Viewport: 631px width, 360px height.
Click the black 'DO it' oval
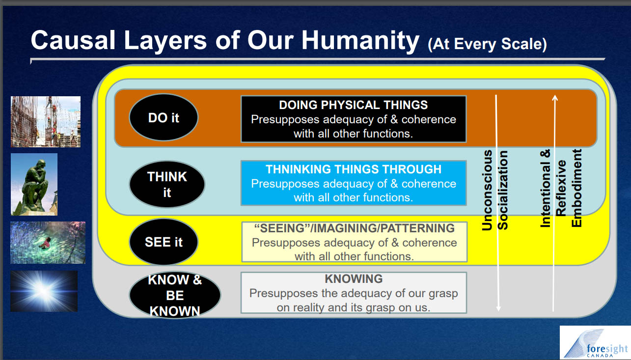coord(164,117)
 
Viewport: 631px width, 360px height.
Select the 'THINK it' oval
coord(167,184)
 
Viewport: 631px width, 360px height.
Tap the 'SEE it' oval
coord(164,242)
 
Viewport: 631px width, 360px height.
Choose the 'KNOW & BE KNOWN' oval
coord(175,295)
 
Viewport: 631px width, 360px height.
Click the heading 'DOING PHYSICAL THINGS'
coord(353,105)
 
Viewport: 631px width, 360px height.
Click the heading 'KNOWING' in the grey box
coord(354,279)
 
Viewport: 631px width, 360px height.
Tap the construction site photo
coord(46,122)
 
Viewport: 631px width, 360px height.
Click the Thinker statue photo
coord(34,185)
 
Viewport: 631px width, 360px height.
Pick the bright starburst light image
coord(44,291)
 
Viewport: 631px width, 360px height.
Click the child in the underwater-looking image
coord(45,243)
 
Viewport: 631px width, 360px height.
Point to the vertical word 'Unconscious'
coord(487,190)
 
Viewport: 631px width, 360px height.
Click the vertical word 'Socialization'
coord(502,190)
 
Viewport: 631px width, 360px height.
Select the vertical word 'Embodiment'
coord(576,188)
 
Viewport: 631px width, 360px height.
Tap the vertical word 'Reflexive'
coord(561,188)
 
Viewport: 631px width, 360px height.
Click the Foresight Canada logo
coord(595,342)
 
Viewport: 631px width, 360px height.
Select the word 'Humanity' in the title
coord(360,41)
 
